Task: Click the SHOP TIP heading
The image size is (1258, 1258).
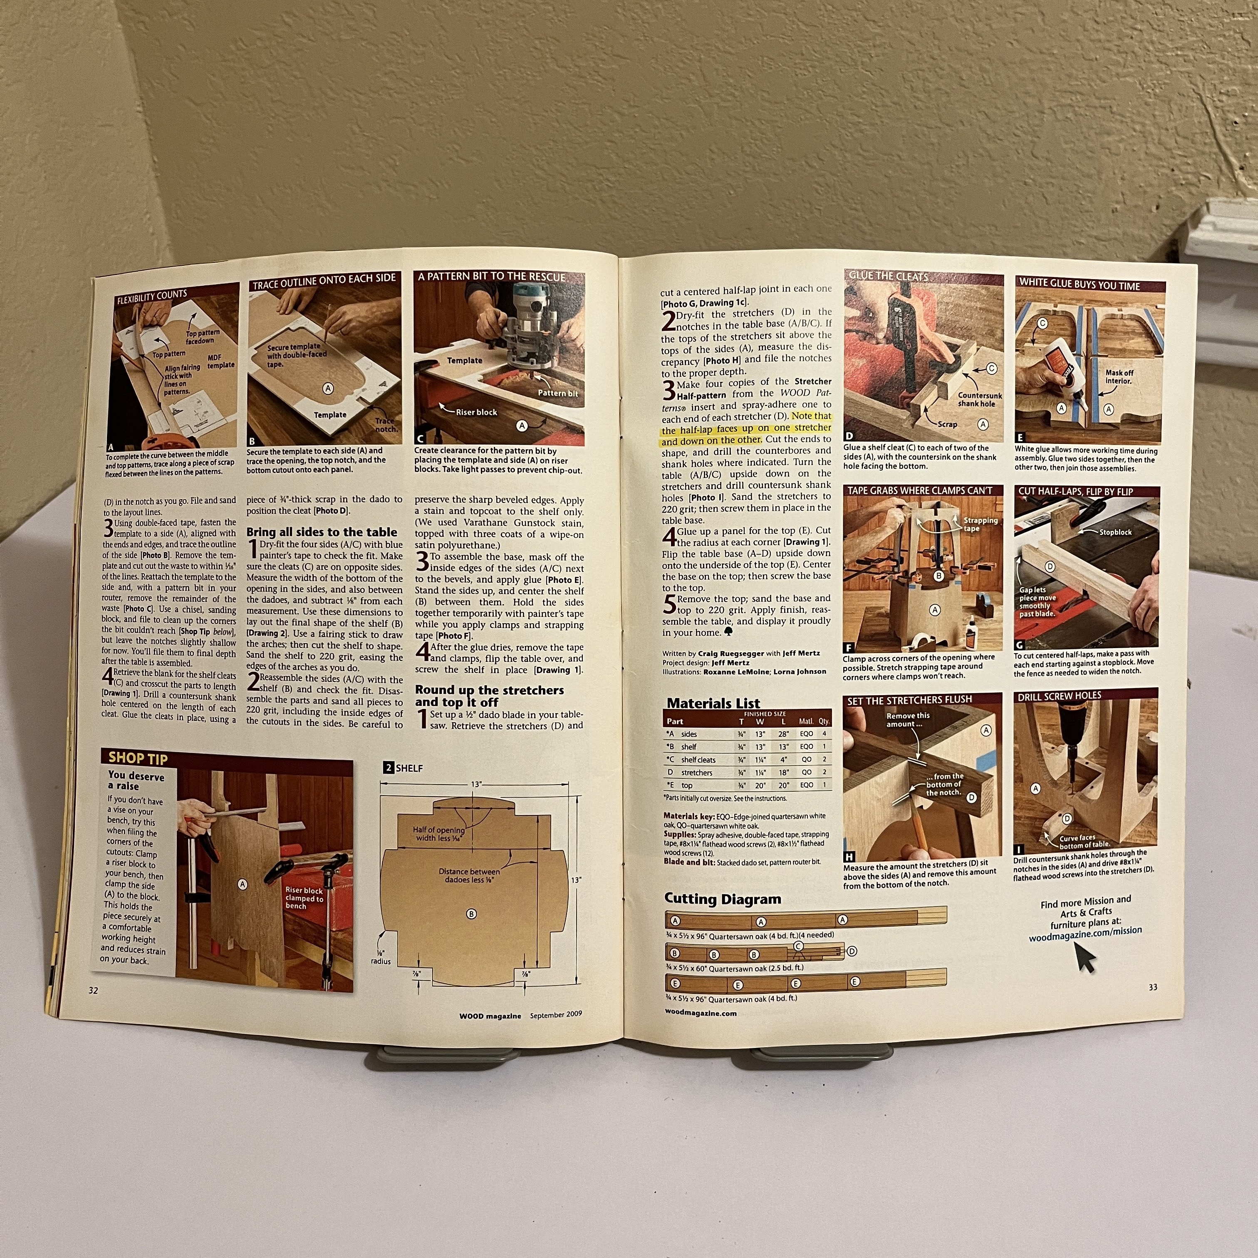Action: (138, 758)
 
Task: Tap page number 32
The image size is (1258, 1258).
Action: (93, 991)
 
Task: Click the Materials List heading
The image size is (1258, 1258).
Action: (713, 703)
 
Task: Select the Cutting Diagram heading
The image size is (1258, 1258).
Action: (722, 899)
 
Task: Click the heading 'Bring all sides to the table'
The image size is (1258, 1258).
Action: (322, 532)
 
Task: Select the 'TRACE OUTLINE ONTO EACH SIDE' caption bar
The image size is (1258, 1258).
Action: (324, 278)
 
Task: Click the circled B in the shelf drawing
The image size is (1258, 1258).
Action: (471, 914)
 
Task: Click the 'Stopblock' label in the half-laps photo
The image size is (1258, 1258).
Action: (1115, 532)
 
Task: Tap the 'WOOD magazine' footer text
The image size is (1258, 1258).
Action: (490, 1016)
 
